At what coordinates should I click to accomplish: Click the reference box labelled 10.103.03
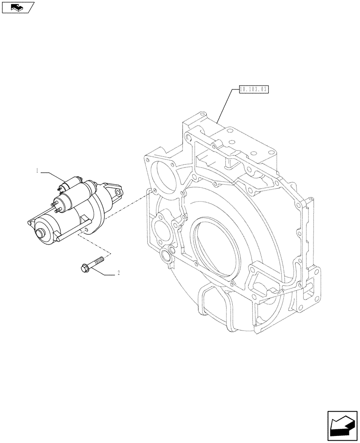[x=254, y=89]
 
